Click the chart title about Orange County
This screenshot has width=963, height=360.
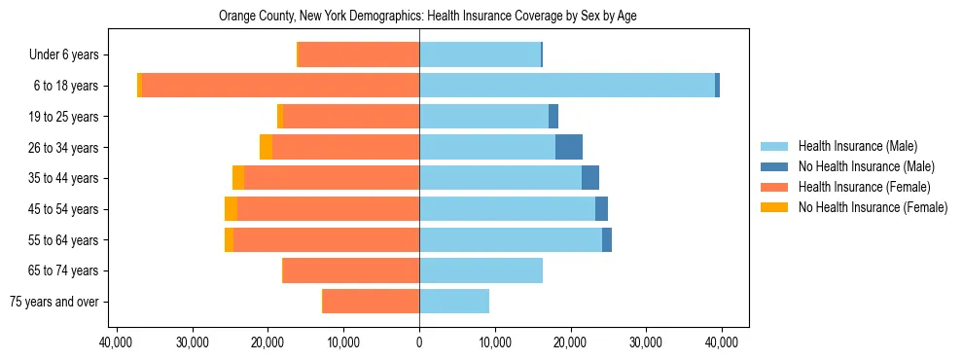[428, 17]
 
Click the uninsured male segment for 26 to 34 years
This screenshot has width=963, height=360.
[569, 147]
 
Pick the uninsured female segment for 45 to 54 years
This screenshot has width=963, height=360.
[231, 209]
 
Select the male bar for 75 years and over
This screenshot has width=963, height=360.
[454, 302]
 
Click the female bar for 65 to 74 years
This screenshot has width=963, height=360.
[351, 270]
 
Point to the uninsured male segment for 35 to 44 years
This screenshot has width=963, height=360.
[590, 178]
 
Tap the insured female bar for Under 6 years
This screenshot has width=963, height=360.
[359, 54]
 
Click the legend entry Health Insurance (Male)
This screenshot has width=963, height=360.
[857, 146]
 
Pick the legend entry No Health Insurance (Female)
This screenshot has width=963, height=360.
[873, 207]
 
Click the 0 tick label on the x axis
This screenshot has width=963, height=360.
[419, 342]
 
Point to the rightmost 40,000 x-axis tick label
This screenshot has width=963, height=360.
[721, 342]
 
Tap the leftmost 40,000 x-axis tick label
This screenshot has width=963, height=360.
[117, 342]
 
